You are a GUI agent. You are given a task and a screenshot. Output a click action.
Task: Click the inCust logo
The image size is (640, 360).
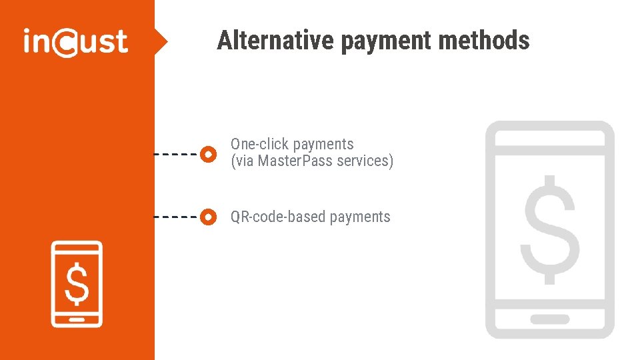(x=75, y=42)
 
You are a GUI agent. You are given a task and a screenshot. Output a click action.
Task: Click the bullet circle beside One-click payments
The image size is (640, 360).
(x=209, y=153)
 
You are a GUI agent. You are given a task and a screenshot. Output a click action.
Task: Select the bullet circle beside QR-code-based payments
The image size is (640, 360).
(x=209, y=217)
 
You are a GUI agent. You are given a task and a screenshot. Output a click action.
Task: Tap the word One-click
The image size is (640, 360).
(x=259, y=144)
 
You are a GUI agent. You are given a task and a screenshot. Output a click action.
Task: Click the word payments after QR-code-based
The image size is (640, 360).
(x=360, y=217)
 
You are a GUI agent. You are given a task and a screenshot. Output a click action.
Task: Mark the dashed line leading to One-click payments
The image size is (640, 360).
(x=177, y=153)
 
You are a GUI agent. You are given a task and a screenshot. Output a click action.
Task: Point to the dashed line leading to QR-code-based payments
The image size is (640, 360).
(x=177, y=217)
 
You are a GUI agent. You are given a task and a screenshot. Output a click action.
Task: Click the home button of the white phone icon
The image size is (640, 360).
(x=77, y=319)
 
